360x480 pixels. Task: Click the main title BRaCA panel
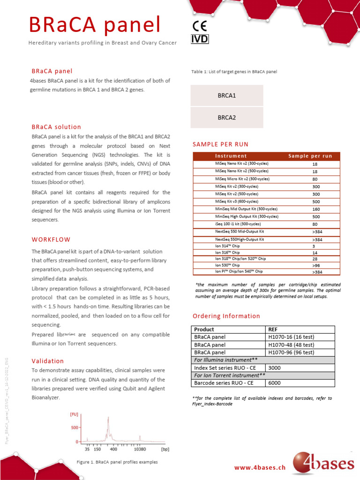[95, 24]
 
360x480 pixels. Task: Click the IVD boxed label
[199, 39]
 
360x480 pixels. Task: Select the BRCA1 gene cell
[227, 96]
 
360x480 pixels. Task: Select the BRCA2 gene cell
[227, 118]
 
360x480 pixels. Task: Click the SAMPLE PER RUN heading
[220, 144]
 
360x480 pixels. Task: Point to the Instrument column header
[231, 156]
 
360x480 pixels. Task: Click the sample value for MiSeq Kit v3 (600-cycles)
[316, 201]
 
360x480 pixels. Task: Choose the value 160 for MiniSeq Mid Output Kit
[316, 209]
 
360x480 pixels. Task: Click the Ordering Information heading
[226, 316]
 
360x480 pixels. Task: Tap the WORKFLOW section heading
[51, 239]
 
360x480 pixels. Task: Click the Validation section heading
[47, 361]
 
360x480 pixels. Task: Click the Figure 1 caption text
[117, 462]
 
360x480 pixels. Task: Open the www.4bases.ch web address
[260, 467]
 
